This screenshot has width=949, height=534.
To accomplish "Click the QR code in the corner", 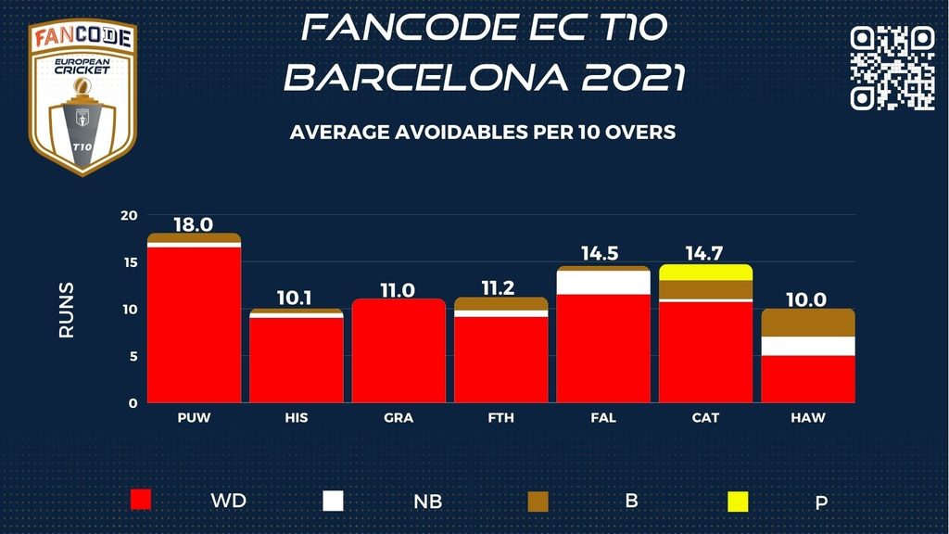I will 892,67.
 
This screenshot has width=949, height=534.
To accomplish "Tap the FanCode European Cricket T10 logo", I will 82,97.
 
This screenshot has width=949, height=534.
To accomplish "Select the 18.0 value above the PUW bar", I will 194,223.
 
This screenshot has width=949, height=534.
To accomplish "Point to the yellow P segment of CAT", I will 705,272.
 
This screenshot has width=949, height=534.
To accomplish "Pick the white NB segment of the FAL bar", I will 603,282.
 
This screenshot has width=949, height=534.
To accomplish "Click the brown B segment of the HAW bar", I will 807,323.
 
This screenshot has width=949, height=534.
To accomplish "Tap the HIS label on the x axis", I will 297,418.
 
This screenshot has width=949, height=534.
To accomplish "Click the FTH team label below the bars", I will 500,418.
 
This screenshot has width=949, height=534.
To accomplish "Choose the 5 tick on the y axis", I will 133,356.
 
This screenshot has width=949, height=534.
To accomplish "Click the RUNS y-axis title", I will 67,310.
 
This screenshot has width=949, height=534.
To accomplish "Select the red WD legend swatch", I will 141,501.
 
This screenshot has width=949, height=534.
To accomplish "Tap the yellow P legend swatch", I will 738,502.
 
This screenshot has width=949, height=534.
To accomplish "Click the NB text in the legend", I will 427,502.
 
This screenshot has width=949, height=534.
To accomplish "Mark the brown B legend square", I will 538,502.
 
